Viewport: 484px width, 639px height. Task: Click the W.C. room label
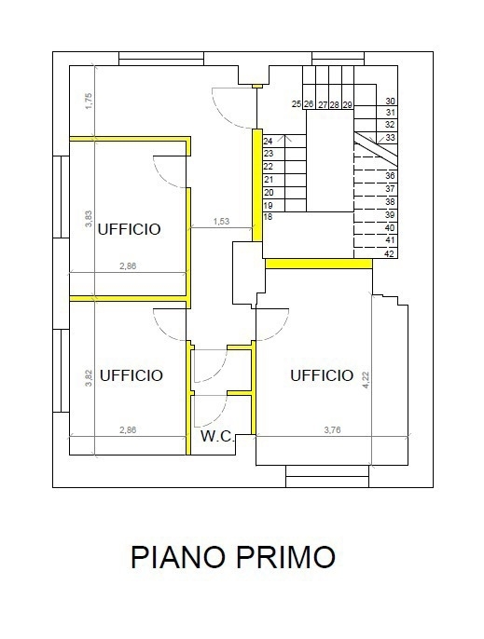pyautogui.click(x=217, y=436)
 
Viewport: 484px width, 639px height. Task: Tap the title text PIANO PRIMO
pyautogui.click(x=233, y=557)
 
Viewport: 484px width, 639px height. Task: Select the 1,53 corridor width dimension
pyautogui.click(x=221, y=222)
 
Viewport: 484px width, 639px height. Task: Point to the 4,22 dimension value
pyautogui.click(x=366, y=379)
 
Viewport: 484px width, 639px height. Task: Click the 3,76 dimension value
pyautogui.click(x=332, y=429)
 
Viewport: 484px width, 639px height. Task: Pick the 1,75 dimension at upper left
pyautogui.click(x=90, y=101)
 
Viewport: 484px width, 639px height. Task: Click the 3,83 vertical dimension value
pyautogui.click(x=89, y=218)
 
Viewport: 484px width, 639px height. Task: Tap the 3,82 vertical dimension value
pyautogui.click(x=89, y=378)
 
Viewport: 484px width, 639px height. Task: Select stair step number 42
pyautogui.click(x=390, y=253)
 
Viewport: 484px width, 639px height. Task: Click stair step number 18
pyautogui.click(x=268, y=216)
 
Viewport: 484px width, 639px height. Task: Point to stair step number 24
pyautogui.click(x=268, y=142)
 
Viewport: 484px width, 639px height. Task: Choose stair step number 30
pyautogui.click(x=390, y=101)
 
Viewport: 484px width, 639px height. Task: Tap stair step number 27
pyautogui.click(x=323, y=105)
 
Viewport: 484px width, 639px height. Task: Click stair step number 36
pyautogui.click(x=390, y=176)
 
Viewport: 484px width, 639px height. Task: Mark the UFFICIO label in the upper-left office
pyautogui.click(x=129, y=229)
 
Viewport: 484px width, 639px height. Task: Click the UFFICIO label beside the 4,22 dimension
pyautogui.click(x=322, y=374)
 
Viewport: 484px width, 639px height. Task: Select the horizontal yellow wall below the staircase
pyautogui.click(x=319, y=264)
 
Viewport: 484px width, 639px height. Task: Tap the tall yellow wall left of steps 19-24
pyautogui.click(x=257, y=185)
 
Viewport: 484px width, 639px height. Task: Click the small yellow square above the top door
pyautogui.click(x=256, y=86)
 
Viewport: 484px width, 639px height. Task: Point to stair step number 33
pyautogui.click(x=390, y=137)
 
